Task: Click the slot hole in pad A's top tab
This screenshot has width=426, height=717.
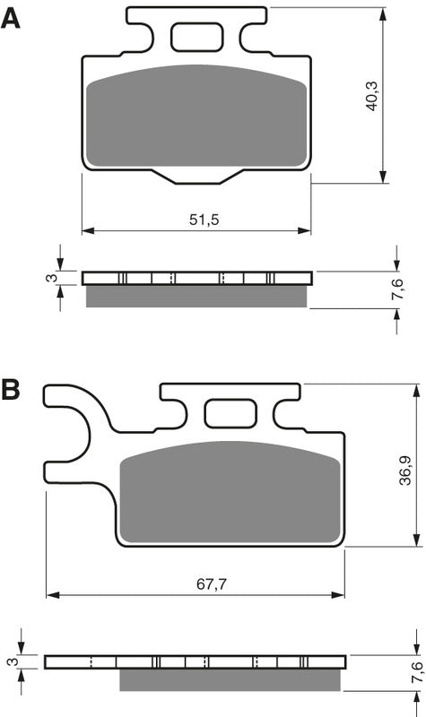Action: point(196,38)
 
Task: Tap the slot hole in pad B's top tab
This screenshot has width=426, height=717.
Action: point(228,413)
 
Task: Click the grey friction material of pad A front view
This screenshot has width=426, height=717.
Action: point(196,117)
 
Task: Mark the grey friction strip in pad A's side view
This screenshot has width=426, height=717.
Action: point(196,296)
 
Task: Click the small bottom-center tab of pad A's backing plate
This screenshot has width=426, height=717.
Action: point(196,177)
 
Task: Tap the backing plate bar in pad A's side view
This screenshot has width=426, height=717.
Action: point(196,278)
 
